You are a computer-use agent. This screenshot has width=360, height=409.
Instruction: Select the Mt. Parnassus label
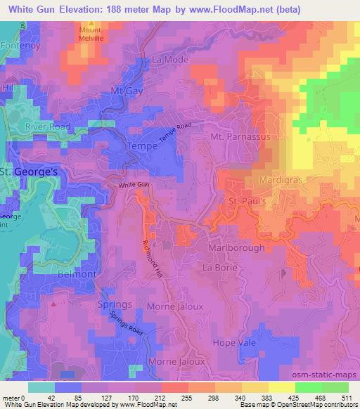tap(240, 136)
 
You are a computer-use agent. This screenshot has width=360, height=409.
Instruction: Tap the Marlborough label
tap(236, 248)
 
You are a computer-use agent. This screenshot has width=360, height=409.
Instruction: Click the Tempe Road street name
tap(175, 131)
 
